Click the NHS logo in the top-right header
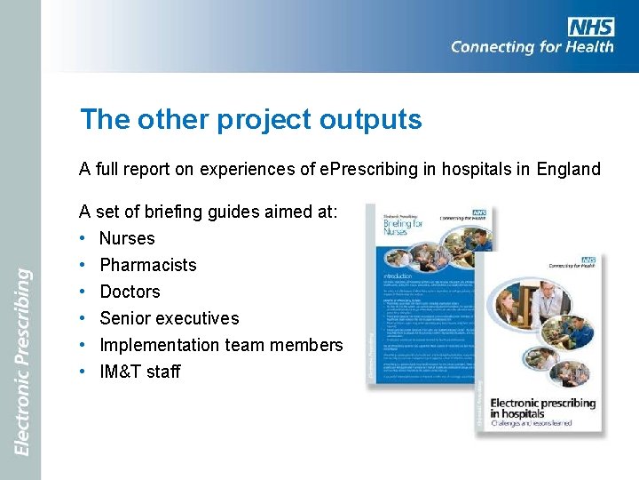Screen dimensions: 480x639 coord(590,27)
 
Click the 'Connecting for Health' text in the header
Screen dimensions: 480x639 coord(532,47)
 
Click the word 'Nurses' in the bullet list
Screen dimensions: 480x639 coord(127,238)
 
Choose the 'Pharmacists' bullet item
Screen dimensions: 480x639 coord(148,265)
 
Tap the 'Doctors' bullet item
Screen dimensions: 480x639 coord(130,292)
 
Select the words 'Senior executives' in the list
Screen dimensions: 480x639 coord(170,318)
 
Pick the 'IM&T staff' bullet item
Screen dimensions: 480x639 coord(140,372)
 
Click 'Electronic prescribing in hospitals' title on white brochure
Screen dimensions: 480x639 coord(542,408)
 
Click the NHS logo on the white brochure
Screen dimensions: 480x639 coord(588,260)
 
